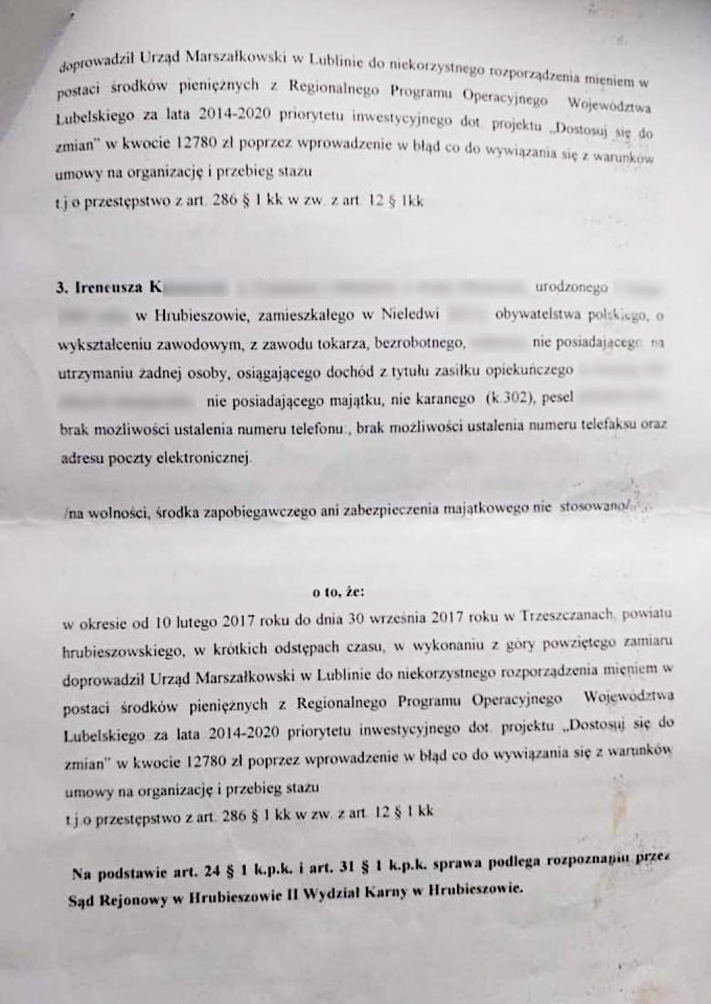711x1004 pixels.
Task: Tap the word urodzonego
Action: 571,286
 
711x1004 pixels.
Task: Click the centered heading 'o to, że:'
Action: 338,593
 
